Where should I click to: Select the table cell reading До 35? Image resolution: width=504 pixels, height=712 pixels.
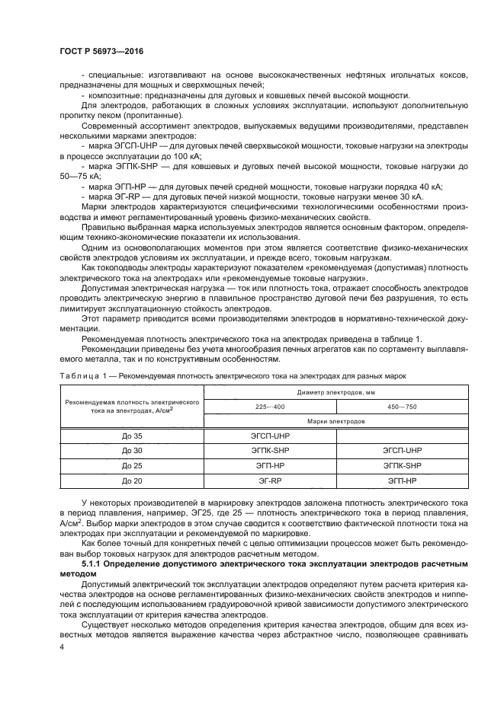132,436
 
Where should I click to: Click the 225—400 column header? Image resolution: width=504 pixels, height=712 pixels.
270,407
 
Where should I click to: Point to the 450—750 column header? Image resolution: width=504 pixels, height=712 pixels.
402,407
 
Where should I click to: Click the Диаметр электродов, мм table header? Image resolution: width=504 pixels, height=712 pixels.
336,392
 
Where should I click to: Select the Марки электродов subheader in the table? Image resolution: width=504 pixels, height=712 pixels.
336,421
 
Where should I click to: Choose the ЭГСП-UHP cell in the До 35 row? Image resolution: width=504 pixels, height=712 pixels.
271,436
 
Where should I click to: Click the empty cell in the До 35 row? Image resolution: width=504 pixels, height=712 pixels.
402,436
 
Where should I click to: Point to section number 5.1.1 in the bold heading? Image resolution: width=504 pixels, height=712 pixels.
96,563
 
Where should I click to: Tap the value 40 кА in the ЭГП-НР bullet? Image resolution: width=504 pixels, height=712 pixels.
428,187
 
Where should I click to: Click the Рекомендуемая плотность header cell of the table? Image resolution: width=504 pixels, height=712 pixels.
132,405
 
